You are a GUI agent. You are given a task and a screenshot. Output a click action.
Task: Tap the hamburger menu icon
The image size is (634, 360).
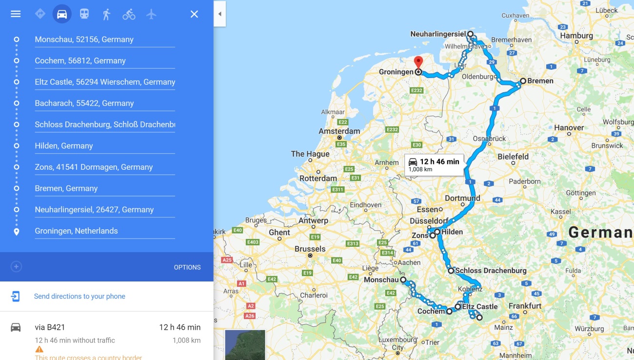pyautogui.click(x=16, y=14)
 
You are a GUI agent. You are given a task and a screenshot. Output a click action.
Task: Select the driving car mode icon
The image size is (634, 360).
pyautogui.click(x=62, y=14)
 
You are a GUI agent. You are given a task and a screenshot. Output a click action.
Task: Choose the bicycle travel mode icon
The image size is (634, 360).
pyautogui.click(x=129, y=14)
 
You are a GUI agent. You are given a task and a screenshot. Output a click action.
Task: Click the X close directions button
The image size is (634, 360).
pyautogui.click(x=194, y=14)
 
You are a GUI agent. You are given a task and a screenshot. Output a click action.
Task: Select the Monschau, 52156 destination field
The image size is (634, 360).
pyautogui.click(x=104, y=40)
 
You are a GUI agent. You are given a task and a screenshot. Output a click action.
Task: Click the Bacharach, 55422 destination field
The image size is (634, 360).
pyautogui.click(x=104, y=103)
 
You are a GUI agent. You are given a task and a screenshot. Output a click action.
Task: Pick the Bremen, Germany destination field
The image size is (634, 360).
pyautogui.click(x=104, y=188)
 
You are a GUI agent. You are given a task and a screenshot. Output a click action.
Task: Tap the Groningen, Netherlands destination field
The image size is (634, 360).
pyautogui.click(x=104, y=231)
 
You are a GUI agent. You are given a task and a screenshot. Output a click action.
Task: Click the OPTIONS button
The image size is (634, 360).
pyautogui.click(x=187, y=267)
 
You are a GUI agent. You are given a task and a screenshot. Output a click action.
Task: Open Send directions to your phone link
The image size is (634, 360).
pyautogui.click(x=79, y=296)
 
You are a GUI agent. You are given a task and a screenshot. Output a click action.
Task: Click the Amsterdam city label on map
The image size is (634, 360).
pyautogui.click(x=339, y=131)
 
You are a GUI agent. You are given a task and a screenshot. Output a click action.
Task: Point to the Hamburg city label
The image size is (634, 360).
pyautogui.click(x=576, y=36)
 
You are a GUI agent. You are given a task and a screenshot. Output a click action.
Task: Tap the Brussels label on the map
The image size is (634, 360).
pyautogui.click(x=310, y=249)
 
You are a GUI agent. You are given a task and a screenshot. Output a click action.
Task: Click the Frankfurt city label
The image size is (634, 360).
pyautogui.click(x=525, y=306)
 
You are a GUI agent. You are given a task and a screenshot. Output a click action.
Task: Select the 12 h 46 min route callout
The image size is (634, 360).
pyautogui.click(x=434, y=165)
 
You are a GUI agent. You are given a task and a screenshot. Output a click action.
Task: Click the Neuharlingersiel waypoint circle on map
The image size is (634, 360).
pyautogui.click(x=470, y=34)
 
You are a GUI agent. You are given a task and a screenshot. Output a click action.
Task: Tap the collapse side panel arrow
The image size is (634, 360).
pyautogui.click(x=219, y=14)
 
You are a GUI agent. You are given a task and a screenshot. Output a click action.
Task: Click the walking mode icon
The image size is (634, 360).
pyautogui.click(x=106, y=14)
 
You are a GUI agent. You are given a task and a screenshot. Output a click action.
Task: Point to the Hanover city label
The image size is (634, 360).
pyautogui.click(x=569, y=128)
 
